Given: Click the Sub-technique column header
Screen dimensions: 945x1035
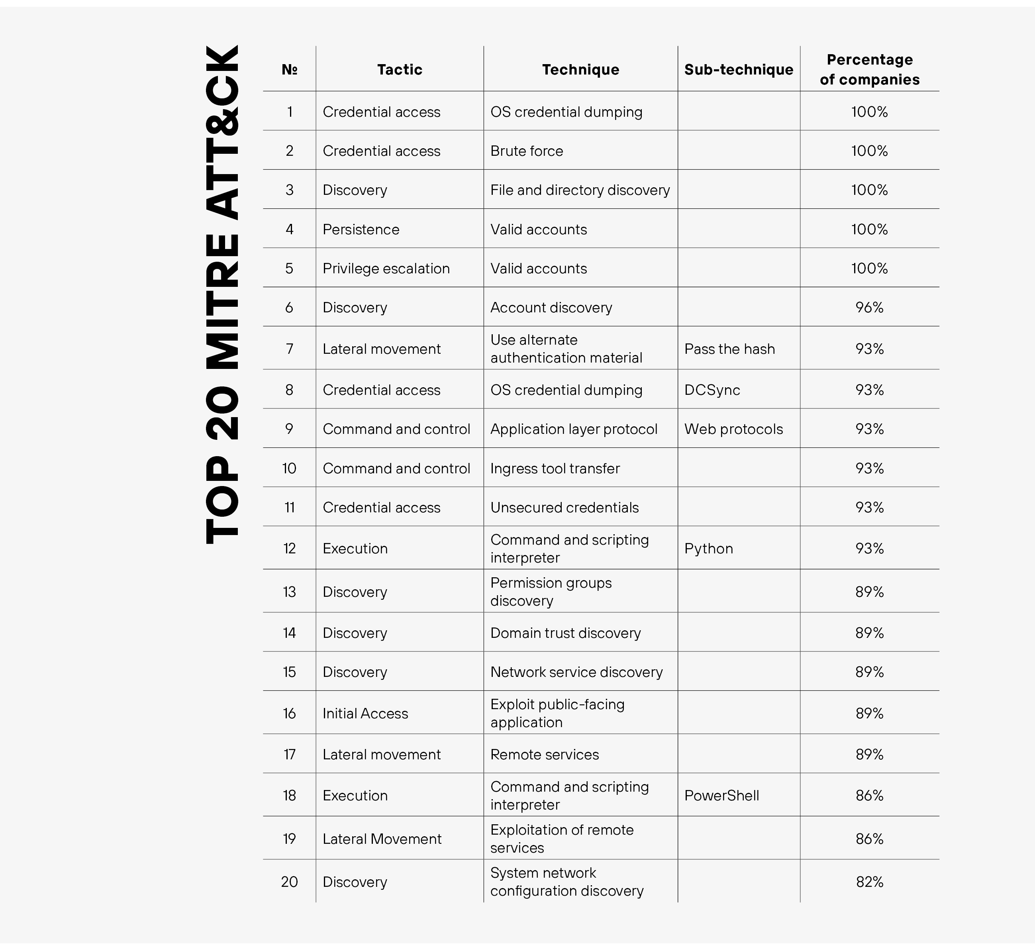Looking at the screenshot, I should point(738,69).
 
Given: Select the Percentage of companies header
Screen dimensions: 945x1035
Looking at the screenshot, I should point(869,69).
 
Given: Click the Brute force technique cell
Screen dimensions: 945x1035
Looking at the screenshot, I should point(526,151).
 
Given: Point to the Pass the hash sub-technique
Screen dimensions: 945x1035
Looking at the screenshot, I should point(729,349).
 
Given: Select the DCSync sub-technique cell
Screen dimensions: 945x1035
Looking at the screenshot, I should point(712,390).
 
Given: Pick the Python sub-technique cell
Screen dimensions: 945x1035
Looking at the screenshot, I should point(708,549).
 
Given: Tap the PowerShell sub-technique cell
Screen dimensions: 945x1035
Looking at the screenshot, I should point(721,796).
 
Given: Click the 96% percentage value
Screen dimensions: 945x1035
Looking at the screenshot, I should point(869,308).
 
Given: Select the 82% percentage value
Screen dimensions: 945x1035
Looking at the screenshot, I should point(869,882).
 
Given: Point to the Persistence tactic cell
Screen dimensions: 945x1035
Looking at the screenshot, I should point(361,229).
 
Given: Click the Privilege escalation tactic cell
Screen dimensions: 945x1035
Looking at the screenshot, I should point(386,269).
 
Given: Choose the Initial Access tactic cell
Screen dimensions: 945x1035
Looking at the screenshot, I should point(365,714).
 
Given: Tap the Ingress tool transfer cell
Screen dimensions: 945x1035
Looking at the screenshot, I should point(555,469).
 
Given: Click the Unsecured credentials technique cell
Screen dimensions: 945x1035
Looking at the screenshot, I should point(564,508).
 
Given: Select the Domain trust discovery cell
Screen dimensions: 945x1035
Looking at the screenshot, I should point(565,633).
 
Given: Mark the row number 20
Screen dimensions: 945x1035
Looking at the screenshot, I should point(289,882).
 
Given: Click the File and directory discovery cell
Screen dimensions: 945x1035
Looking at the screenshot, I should point(580,190).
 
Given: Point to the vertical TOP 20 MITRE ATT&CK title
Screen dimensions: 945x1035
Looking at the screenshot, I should point(222,295).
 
